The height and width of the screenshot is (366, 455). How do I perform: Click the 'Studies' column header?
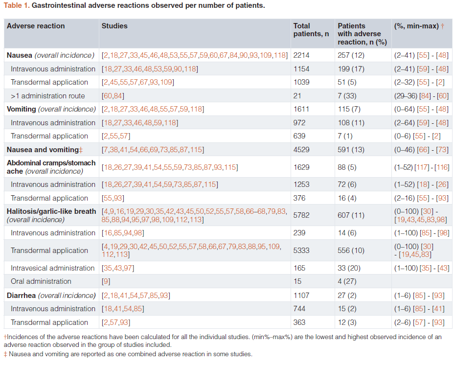tap(114, 26)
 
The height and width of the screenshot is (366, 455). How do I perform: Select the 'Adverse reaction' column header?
tap(36, 26)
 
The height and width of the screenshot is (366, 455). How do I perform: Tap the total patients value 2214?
tap(301, 55)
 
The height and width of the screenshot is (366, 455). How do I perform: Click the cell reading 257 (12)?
tap(351, 55)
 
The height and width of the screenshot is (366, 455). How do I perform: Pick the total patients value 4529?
tap(301, 150)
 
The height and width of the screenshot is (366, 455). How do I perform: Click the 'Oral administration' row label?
tap(41, 281)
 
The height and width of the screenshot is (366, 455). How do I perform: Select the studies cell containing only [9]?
tap(106, 281)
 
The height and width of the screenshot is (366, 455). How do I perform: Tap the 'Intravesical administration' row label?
tap(52, 268)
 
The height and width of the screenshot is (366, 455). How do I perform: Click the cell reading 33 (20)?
tap(349, 268)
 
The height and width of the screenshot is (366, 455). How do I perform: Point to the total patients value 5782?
tap(301, 215)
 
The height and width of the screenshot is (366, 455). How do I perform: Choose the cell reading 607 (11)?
tap(351, 215)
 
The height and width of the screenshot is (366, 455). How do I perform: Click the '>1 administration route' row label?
tap(48, 96)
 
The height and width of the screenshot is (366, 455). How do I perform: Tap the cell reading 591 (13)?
tap(351, 150)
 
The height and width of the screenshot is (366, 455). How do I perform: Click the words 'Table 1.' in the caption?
tap(17, 5)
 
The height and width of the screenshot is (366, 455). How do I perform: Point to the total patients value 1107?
tap(301, 296)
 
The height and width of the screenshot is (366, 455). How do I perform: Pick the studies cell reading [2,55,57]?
tap(116, 136)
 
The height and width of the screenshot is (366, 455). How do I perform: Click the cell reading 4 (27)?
tap(347, 281)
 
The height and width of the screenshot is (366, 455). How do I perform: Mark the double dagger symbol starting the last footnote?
tap(5, 354)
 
